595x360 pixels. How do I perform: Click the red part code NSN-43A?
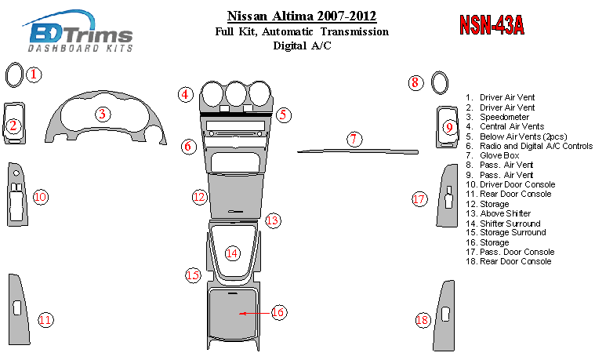(x=492, y=25)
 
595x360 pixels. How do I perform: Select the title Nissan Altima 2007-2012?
(x=302, y=16)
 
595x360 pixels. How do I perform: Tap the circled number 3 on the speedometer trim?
(x=103, y=114)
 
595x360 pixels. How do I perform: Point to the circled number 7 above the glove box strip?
(x=354, y=139)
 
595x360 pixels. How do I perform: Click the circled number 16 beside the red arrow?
(x=279, y=312)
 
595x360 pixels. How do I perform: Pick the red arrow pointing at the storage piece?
(x=255, y=313)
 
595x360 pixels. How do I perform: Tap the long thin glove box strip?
(x=357, y=151)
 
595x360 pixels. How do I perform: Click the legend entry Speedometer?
(x=504, y=117)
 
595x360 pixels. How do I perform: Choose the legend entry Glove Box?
(x=499, y=155)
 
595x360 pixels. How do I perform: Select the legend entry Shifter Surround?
(x=510, y=224)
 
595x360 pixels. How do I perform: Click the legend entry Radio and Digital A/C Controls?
(x=535, y=146)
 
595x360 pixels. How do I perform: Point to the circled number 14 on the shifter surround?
(x=232, y=253)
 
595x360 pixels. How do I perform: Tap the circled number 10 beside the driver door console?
(x=41, y=197)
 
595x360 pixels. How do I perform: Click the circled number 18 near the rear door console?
(x=423, y=320)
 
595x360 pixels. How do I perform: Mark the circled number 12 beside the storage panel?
(x=199, y=197)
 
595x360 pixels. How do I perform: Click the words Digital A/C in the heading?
(x=302, y=45)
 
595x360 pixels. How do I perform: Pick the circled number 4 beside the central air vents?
(x=186, y=94)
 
